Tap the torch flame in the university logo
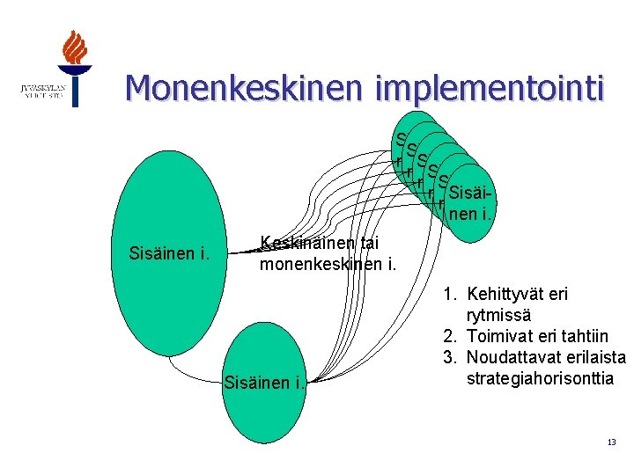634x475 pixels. (x=76, y=48)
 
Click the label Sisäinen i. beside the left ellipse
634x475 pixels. (x=169, y=255)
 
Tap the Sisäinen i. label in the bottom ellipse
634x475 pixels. (x=265, y=382)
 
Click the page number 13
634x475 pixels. (x=611, y=442)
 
